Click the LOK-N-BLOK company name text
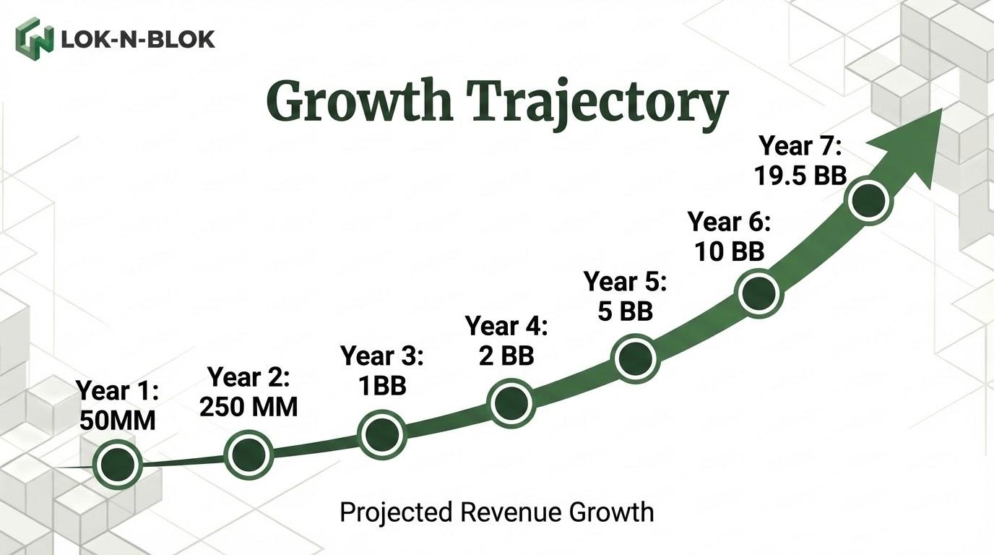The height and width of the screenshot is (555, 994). click(139, 38)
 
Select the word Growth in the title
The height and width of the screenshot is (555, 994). click(359, 101)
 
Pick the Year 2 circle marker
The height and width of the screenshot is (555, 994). click(248, 455)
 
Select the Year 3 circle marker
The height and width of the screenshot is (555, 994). click(382, 434)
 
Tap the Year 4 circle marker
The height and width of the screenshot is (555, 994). click(511, 403)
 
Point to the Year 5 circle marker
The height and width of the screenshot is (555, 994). click(635, 358)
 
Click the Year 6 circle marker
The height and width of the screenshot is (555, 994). click(759, 292)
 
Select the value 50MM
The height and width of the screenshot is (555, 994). click(118, 421)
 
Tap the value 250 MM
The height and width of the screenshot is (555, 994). click(248, 407)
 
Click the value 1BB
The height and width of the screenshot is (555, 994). click(382, 386)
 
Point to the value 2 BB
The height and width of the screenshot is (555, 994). click(506, 356)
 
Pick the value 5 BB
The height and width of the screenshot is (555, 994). click(626, 311)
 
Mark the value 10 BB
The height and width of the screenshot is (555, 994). click(730, 251)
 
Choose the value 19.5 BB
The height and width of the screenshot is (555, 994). click(800, 176)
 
